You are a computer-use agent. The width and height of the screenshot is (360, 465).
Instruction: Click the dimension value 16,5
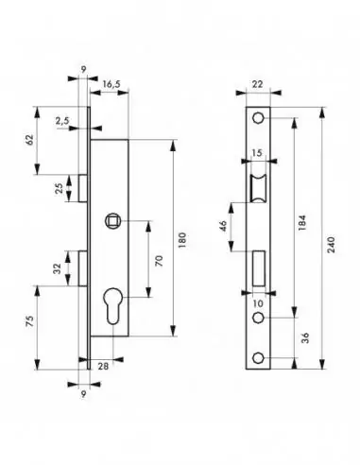pyautogui.click(x=111, y=84)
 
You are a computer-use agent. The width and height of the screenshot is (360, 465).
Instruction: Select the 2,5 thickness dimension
pyautogui.click(x=61, y=121)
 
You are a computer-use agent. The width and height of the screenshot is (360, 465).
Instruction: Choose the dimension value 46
pyautogui.click(x=223, y=227)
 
